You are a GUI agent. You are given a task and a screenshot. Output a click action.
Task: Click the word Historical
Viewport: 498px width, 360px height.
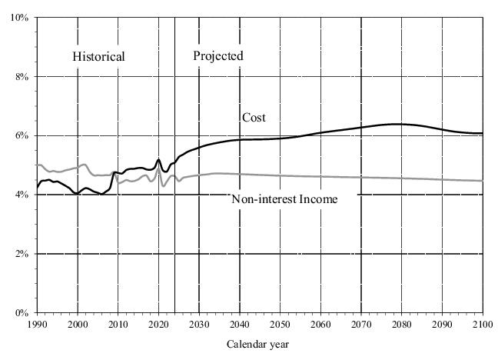click(98, 56)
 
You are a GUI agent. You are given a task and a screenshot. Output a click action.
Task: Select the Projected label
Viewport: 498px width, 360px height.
click(217, 55)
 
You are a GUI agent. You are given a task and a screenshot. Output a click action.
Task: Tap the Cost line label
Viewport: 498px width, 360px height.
click(254, 118)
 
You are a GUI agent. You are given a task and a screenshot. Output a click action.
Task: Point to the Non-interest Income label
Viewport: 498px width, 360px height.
click(284, 199)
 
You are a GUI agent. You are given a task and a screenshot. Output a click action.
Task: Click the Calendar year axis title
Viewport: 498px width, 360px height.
click(258, 344)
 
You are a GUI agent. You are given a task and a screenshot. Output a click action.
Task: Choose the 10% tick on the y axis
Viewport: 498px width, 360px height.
click(18, 18)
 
